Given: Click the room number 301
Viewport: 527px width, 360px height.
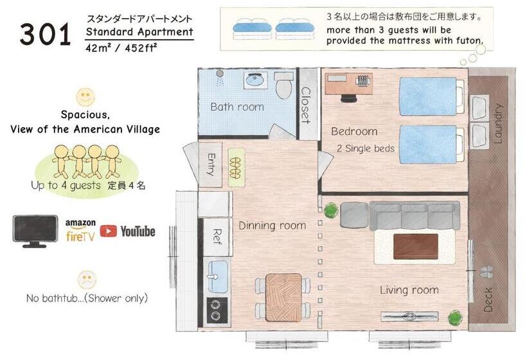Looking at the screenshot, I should coord(44,34).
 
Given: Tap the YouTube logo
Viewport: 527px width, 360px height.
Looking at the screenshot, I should coord(127,231).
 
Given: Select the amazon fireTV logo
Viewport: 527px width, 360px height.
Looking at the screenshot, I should coord(80,230).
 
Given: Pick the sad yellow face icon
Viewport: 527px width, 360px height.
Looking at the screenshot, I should coord(87,280).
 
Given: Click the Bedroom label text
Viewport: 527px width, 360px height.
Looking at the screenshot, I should coord(354,132).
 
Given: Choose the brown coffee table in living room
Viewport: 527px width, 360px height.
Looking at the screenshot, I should coord(415,246).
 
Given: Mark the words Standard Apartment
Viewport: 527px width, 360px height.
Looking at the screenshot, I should coord(139,32).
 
